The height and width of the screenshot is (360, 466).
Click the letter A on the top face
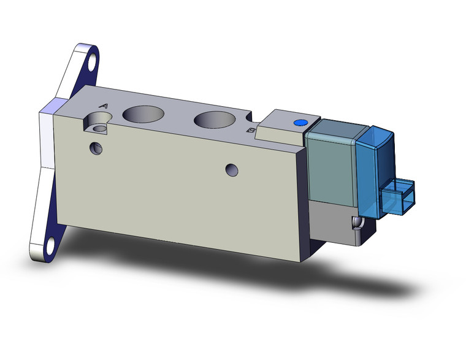(103, 106)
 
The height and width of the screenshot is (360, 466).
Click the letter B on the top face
(250, 130)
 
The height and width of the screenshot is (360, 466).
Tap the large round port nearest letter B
(214, 120)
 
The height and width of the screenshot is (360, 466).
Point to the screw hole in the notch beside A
(97, 128)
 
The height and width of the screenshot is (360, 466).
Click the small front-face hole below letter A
(95, 148)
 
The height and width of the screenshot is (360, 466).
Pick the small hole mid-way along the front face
(231, 169)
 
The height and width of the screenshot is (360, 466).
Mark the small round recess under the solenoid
(355, 222)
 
